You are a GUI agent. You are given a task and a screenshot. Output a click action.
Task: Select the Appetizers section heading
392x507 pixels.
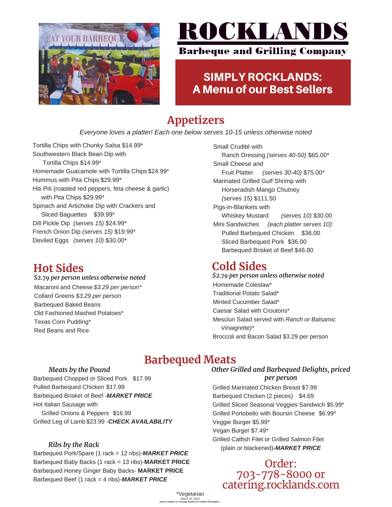(x=195, y=120)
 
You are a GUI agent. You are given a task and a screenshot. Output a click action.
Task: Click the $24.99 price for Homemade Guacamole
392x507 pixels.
(x=158, y=171)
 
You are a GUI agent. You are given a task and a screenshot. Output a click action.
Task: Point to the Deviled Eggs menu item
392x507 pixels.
(x=50, y=241)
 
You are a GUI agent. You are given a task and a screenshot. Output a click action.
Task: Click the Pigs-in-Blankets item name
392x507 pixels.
(x=241, y=207)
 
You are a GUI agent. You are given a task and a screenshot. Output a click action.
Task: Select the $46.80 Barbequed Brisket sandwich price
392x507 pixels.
(x=304, y=250)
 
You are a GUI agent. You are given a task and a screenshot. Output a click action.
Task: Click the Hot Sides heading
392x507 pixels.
(x=58, y=268)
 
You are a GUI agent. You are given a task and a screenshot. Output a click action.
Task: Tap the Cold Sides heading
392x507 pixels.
(x=239, y=266)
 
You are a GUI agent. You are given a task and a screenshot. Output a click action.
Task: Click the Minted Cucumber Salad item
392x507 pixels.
(x=246, y=302)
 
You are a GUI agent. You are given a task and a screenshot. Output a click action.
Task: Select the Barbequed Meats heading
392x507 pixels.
(x=190, y=359)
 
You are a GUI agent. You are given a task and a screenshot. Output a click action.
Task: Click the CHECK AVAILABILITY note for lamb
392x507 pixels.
(x=140, y=422)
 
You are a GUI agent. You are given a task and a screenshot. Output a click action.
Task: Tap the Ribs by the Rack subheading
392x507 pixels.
(x=74, y=445)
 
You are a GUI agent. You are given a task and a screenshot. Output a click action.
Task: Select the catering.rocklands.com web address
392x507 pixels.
(x=281, y=485)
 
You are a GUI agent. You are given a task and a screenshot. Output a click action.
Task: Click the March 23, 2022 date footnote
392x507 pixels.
(x=190, y=499)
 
